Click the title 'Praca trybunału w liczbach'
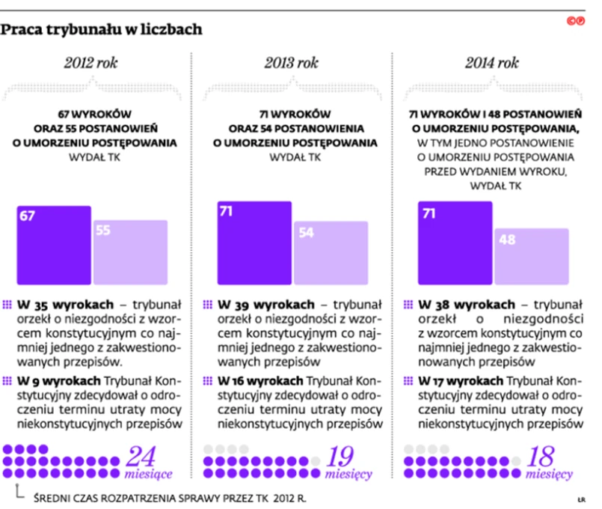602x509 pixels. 101,30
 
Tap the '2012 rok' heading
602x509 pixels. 91,64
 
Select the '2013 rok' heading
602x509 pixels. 292,64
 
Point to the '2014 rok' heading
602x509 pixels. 492,64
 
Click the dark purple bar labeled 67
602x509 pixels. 54,246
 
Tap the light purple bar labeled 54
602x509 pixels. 331,254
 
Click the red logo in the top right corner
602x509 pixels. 575,22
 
